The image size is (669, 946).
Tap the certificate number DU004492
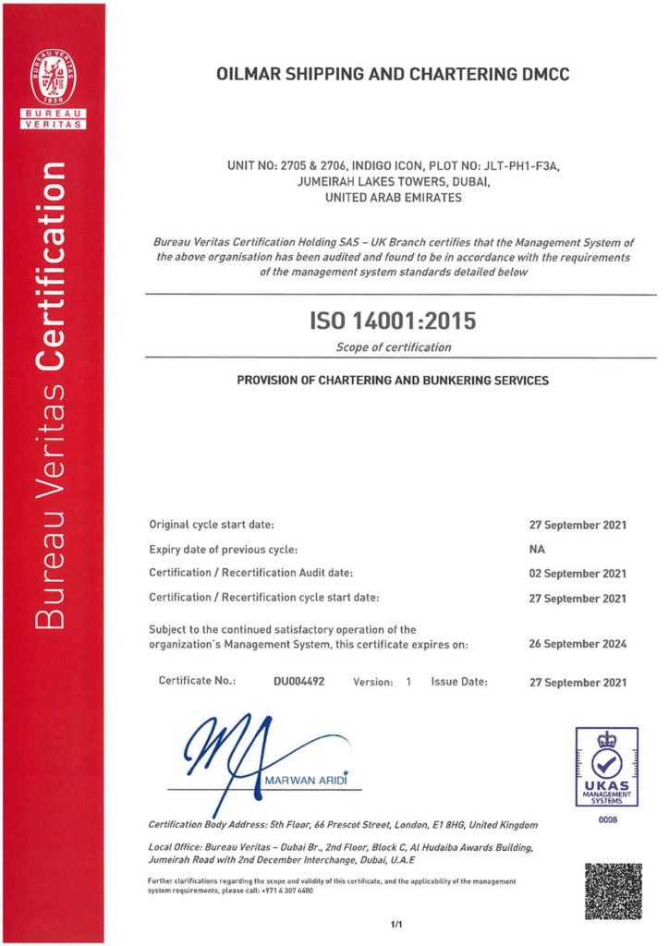click(298, 682)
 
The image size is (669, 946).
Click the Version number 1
click(407, 682)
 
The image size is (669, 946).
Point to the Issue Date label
click(458, 682)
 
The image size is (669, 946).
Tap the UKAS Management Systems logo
click(607, 766)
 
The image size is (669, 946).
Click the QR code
click(613, 891)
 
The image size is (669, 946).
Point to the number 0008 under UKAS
click(607, 819)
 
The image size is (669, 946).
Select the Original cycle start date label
click(212, 525)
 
